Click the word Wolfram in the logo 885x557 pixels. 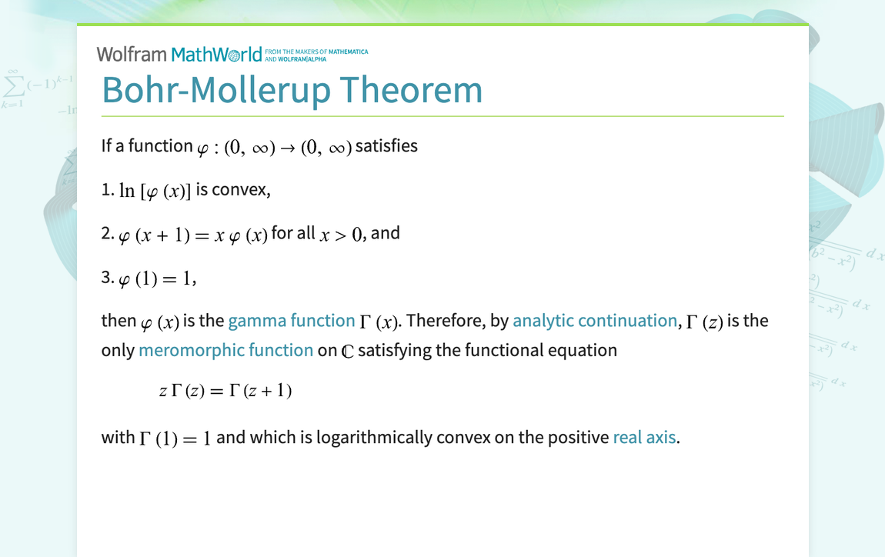tap(132, 54)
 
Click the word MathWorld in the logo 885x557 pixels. tap(217, 54)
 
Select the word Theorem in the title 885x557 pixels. tap(411, 90)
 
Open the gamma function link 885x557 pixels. tap(291, 321)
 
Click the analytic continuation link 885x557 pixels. tap(595, 321)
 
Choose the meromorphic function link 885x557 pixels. tap(225, 350)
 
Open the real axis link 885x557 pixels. tap(645, 437)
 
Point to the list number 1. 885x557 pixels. tap(107, 189)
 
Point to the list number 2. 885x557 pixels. tap(108, 233)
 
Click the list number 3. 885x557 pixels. tap(108, 277)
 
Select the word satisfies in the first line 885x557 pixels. tap(386, 145)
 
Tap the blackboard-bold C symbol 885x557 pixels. tap(348, 351)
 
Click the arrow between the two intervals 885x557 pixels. tap(288, 148)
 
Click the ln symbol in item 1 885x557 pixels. tap(127, 190)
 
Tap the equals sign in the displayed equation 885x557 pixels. tap(217, 392)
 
